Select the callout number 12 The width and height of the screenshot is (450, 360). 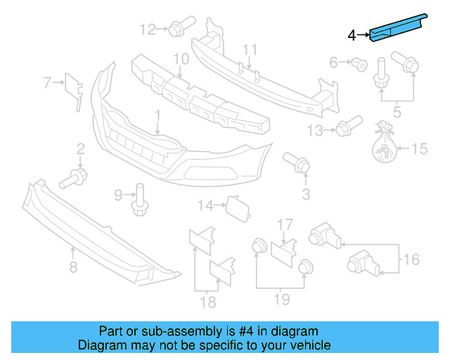tap(147, 30)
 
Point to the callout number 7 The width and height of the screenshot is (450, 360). tap(47, 83)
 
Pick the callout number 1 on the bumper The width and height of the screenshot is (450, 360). tap(158, 114)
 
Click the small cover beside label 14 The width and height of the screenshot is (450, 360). tap(233, 205)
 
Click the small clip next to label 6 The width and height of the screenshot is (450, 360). tap(359, 65)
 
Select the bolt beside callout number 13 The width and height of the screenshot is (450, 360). tap(342, 129)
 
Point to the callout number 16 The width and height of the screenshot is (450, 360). tap(411, 259)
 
